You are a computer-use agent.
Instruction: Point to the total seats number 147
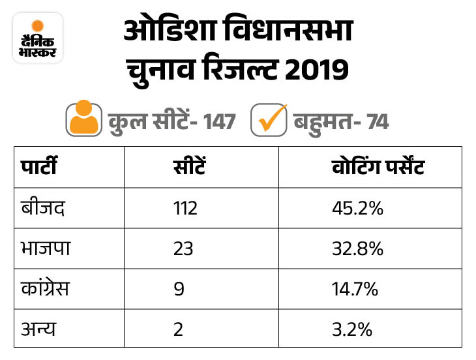219,121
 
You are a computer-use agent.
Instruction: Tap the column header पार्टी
38,168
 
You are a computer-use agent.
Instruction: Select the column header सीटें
188,168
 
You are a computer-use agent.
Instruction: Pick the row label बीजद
42,209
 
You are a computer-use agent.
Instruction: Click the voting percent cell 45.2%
356,209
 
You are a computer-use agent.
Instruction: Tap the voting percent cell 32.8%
356,248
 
